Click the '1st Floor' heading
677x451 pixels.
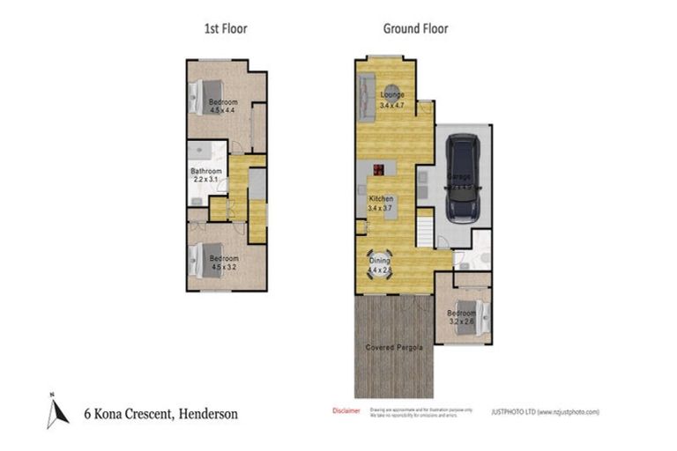coord(225,28)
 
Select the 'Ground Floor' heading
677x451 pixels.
coord(415,28)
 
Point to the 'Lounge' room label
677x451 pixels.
coord(392,94)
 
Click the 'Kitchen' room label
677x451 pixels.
coord(381,199)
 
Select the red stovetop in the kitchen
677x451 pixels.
coord(378,170)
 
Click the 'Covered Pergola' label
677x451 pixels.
coord(394,348)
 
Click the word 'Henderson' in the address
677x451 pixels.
coord(207,412)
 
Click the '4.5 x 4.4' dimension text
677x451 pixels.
coord(222,111)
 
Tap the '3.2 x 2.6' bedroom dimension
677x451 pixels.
coord(461,322)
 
